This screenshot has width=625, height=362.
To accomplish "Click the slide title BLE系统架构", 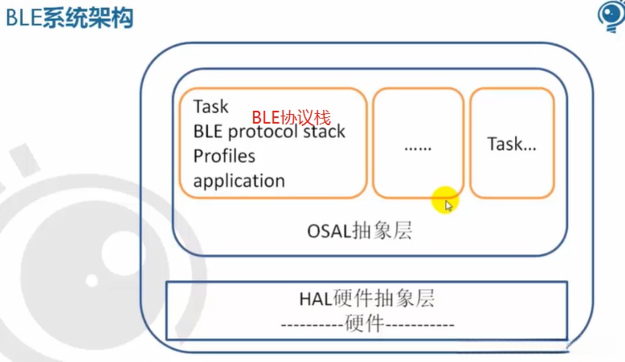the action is [69, 18].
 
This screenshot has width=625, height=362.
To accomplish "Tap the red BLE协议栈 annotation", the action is [292, 117].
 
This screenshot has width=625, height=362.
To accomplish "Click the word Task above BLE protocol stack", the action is [210, 107].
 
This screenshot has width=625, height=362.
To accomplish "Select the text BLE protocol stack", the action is [269, 132].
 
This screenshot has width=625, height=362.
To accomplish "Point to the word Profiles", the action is [224, 156].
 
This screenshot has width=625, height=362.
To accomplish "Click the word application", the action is [239, 181].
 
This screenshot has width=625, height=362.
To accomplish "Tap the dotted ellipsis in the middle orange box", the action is [418, 148].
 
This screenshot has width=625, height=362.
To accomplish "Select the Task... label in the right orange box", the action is [512, 144].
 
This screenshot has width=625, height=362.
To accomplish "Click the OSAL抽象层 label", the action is [360, 231].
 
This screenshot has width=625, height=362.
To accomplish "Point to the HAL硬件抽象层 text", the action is [366, 299].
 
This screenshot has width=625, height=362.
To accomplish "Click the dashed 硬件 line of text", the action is [367, 323].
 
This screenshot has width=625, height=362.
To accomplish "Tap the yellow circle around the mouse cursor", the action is [445, 200].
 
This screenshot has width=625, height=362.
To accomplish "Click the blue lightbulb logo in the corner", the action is [611, 16].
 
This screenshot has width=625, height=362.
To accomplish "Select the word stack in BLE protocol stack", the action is [324, 131].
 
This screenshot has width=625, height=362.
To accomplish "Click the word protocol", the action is [263, 132].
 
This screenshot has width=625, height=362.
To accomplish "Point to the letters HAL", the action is [315, 299].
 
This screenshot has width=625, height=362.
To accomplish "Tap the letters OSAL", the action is [329, 231].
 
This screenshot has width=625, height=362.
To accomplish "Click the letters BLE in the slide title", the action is [23, 18].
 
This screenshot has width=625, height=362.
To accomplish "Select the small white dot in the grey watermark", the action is [92, 280].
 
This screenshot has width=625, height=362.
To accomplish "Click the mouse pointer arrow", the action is [449, 205].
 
